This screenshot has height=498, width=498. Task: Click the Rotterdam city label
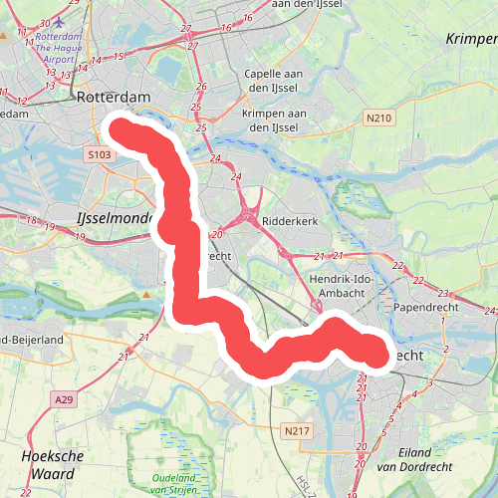[114, 98]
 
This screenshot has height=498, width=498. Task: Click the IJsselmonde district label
[113, 216]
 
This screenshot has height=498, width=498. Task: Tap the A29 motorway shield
[63, 399]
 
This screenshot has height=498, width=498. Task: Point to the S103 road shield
[98, 154]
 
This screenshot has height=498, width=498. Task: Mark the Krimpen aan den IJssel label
[270, 121]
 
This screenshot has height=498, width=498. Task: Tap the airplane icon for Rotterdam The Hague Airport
[60, 22]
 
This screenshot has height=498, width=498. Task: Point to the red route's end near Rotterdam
[118, 130]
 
